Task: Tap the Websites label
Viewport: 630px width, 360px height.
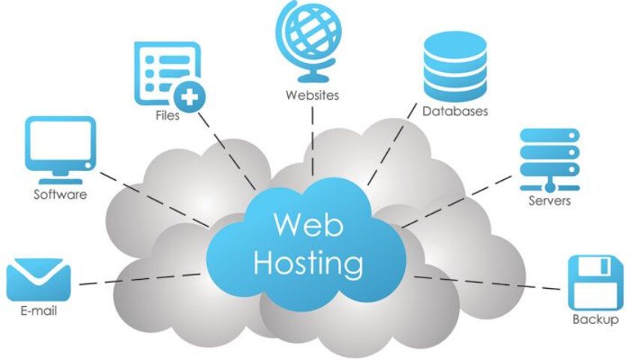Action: (312, 95)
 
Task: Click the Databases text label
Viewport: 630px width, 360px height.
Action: (454, 112)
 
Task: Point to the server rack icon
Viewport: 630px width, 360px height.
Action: (550, 158)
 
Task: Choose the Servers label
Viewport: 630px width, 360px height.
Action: (550, 200)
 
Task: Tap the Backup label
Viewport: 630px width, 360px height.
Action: (595, 320)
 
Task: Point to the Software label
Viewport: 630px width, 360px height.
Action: (60, 195)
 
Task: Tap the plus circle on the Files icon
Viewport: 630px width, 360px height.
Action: (190, 97)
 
